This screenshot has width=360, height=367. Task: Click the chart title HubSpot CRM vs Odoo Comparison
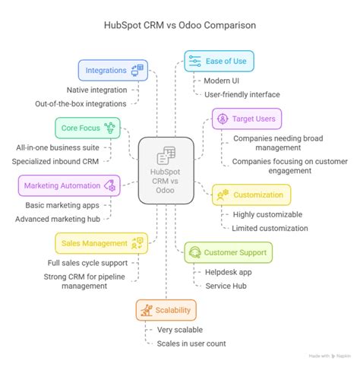pos(180,24)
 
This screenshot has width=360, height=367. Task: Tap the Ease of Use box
pos(219,61)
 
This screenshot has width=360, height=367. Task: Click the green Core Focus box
pos(87,127)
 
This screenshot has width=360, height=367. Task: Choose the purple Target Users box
pos(246,119)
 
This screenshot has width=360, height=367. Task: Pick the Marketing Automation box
pos(68,185)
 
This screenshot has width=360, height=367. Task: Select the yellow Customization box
pos(251,195)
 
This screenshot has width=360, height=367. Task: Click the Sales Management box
pos(101,243)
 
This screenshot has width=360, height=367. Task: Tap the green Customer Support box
pos(229,252)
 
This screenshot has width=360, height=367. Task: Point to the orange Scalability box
pos(166,310)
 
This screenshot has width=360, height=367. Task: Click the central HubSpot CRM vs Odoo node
pos(166,169)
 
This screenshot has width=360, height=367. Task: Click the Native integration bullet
pos(97,89)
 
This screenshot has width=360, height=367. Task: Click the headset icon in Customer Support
pos(194,252)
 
